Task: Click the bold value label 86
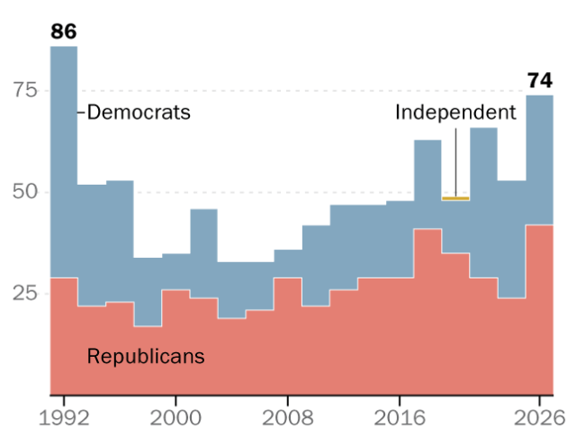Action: click(64, 32)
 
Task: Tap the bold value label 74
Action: click(540, 80)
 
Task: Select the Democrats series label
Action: click(139, 112)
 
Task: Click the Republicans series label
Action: click(146, 356)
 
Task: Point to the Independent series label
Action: click(455, 112)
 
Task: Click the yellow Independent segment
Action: click(455, 198)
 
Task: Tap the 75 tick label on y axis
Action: click(25, 90)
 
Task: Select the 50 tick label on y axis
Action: click(25, 192)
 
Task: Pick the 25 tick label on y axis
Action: click(25, 293)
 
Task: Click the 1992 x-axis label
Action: click(64, 418)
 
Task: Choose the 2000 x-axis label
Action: click(175, 418)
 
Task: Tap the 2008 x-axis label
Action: click(288, 418)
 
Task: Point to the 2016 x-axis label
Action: click(400, 418)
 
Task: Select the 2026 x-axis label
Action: click(539, 418)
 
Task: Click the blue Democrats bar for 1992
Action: click(64, 162)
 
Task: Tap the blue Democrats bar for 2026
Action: click(540, 160)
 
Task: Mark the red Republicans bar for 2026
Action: click(540, 310)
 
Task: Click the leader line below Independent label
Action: click(456, 162)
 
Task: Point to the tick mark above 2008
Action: click(288, 400)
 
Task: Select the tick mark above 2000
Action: click(175, 400)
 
